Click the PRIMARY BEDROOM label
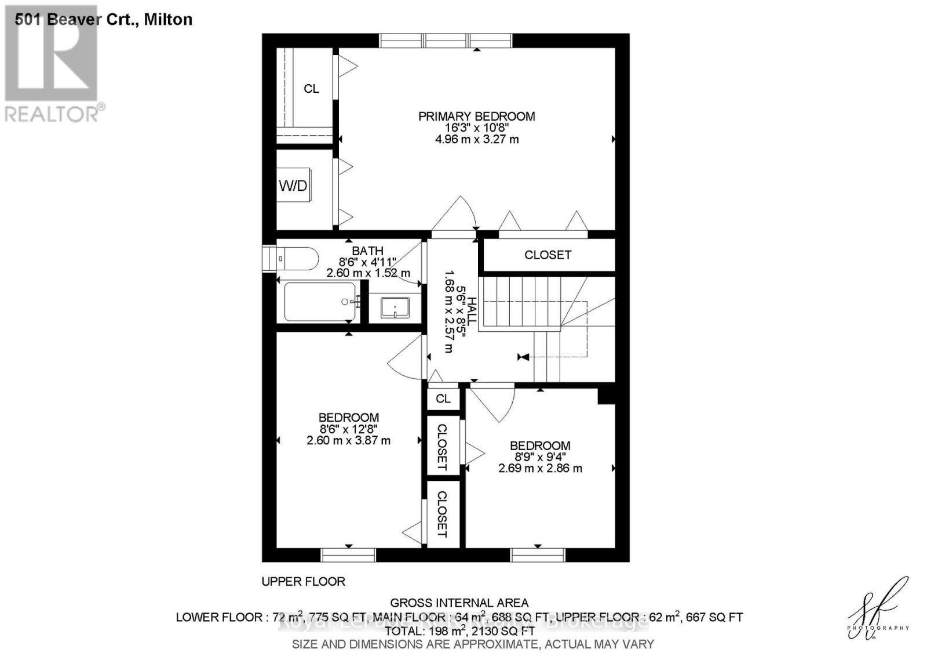coord(476,117)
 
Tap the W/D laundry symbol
coord(293,186)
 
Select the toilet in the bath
coord(298,259)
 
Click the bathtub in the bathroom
coord(320,302)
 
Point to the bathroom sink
coord(395,307)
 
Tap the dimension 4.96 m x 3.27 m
coord(476,139)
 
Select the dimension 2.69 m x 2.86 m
coord(540,468)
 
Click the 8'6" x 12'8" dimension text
coord(348,429)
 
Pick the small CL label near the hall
coord(443,399)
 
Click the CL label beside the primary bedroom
coord(311,89)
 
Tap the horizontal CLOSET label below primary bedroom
coord(548,255)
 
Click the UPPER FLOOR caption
coord(303,581)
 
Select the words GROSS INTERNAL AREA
coord(459,603)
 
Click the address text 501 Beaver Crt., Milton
coord(103,20)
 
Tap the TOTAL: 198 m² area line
coord(459,630)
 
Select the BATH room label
coord(367,251)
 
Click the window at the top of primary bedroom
coord(446,40)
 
